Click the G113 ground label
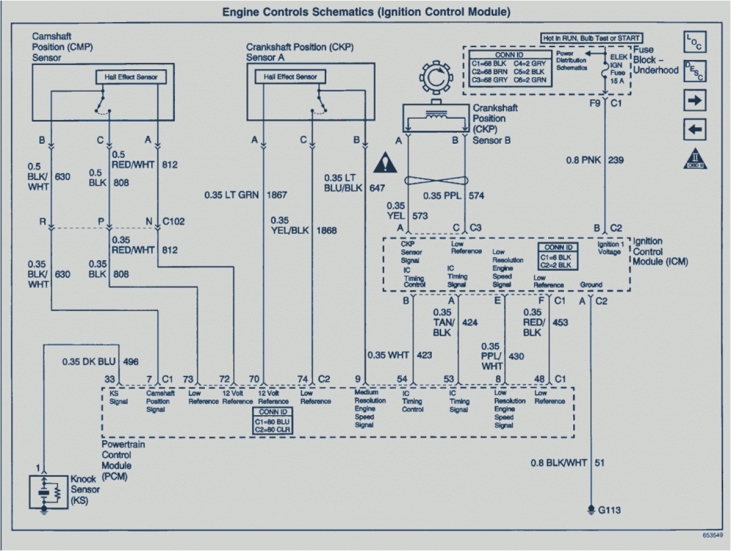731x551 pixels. (609, 510)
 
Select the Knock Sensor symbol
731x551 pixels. (49, 492)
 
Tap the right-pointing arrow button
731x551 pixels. (695, 101)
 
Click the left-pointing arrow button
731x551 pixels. (695, 130)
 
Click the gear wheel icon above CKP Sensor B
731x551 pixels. (435, 79)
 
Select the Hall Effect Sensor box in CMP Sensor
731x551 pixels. (131, 77)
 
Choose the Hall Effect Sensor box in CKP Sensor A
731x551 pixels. (289, 77)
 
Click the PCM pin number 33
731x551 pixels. (110, 379)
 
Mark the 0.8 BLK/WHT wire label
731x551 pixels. (559, 463)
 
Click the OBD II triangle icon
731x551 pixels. (695, 159)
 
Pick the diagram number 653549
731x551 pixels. (712, 535)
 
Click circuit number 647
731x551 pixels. (377, 188)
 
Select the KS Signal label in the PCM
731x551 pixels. (119, 397)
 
